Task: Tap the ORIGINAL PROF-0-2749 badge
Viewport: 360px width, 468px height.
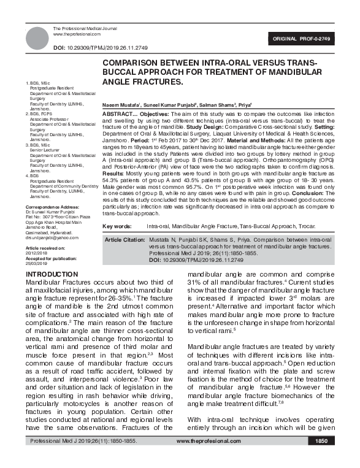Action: click(305, 39)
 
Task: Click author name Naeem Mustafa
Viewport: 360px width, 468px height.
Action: click(122, 105)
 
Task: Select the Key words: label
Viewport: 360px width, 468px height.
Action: click(119, 226)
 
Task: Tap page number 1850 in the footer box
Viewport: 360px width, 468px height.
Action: click(321, 458)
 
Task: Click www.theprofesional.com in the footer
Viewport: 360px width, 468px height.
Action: click(209, 458)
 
